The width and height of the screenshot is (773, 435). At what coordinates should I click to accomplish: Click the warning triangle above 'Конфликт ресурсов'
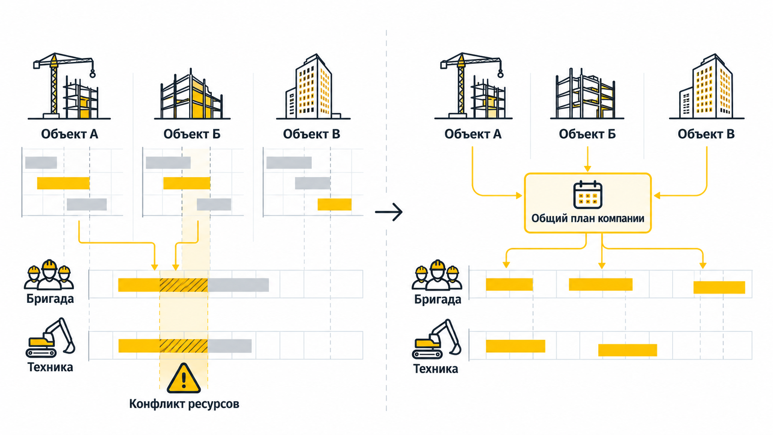tap(184, 379)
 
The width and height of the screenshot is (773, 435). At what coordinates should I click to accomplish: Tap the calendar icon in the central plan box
tap(588, 195)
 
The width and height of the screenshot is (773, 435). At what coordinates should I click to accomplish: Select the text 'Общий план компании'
tap(588, 218)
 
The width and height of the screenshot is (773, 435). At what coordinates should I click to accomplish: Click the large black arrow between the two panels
tap(389, 212)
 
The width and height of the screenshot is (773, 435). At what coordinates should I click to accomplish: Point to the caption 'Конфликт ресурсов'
tap(184, 404)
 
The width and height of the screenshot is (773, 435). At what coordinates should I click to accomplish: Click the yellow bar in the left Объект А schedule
tap(63, 183)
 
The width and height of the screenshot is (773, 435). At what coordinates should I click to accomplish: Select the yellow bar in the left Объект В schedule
tap(334, 205)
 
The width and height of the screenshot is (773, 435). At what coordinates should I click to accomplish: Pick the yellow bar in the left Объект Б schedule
tap(187, 183)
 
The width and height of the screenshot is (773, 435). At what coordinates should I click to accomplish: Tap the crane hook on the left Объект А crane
tap(92, 74)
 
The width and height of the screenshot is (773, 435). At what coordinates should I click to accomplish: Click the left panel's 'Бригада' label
tap(50, 299)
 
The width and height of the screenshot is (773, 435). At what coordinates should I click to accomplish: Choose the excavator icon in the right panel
tap(437, 339)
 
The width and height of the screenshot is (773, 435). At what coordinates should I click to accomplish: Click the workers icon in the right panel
tap(437, 275)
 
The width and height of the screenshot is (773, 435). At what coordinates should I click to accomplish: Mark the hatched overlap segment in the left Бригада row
tap(184, 285)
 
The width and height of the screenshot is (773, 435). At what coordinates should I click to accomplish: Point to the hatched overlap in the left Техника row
tap(184, 346)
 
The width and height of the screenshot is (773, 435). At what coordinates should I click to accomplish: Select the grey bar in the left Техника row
tap(229, 346)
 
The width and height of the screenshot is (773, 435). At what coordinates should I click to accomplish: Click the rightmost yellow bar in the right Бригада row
tap(719, 288)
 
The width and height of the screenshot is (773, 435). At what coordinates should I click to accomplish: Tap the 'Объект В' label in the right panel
tap(706, 134)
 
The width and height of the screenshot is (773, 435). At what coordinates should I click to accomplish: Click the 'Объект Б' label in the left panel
tap(192, 134)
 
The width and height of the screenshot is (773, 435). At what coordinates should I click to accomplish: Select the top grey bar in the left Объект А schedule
tap(41, 162)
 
